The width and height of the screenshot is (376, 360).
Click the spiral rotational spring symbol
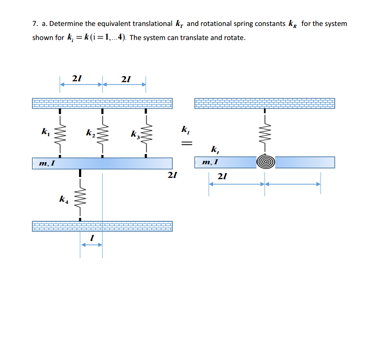[x=265, y=162]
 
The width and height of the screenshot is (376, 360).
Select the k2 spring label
[x=90, y=134]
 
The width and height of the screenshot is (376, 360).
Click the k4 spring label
[x=63, y=199]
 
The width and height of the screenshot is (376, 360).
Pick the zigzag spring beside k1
[x=60, y=133]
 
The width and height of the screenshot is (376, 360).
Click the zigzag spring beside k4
[x=80, y=198]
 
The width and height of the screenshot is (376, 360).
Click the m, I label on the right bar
[x=211, y=162]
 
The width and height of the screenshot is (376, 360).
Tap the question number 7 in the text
[x=34, y=24]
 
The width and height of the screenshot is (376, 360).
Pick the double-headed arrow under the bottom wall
[x=91, y=245]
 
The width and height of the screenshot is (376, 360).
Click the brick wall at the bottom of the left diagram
[x=102, y=226]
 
